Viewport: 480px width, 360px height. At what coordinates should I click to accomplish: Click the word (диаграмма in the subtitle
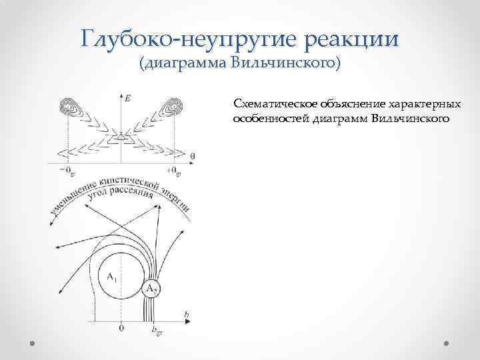coord(182,63)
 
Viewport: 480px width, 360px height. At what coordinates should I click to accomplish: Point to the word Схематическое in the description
coord(275,105)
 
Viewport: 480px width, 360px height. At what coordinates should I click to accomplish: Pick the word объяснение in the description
coord(355,105)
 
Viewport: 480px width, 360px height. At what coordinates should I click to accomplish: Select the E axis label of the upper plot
coord(127,98)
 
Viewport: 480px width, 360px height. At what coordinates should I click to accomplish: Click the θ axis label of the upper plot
coord(192,156)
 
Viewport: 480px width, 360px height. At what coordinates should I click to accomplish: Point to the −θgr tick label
coord(67,172)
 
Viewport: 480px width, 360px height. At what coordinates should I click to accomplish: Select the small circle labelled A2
coord(152,289)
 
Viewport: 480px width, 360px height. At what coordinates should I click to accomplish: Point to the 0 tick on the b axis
coord(121,328)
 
